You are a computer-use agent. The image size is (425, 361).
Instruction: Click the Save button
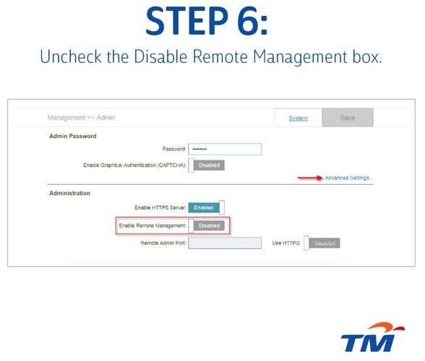tap(348, 118)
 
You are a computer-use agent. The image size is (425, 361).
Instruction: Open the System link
tap(298, 118)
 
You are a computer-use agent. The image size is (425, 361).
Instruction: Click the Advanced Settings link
tap(349, 178)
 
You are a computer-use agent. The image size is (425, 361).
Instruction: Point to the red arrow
tap(310, 178)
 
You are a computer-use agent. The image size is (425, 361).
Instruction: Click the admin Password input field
tap(225, 149)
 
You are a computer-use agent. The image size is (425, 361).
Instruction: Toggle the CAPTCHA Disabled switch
tap(207, 165)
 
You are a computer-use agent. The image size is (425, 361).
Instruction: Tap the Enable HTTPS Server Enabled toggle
tap(207, 208)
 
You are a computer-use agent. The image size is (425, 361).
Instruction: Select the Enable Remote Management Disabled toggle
tap(207, 225)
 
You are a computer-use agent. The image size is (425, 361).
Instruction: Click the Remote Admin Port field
tap(225, 243)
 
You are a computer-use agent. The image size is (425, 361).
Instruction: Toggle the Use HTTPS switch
tap(322, 243)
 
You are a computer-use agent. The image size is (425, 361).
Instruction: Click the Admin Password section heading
tap(72, 136)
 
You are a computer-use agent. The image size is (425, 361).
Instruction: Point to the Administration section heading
tap(69, 193)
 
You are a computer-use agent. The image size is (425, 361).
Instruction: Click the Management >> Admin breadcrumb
tap(81, 118)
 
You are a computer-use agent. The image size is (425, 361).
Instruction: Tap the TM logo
tap(372, 337)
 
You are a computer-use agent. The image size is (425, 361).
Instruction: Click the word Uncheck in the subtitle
tap(71, 56)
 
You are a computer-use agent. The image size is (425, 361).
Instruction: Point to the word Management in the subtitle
tap(301, 58)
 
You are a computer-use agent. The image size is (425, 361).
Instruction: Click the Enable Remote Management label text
tap(153, 225)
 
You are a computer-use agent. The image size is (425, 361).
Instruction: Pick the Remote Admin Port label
tap(163, 243)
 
